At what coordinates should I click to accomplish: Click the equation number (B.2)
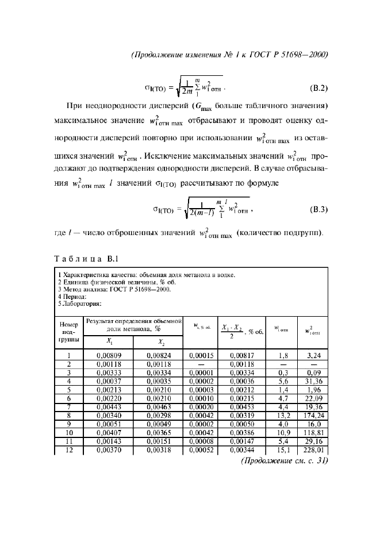317,89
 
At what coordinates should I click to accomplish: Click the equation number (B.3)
317,209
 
